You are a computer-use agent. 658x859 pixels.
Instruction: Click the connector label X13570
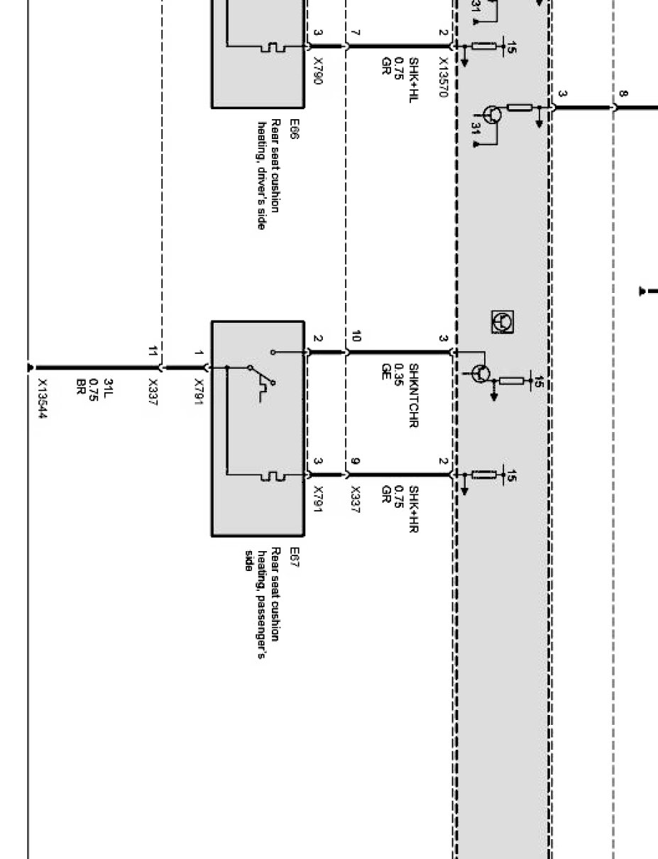(x=444, y=77)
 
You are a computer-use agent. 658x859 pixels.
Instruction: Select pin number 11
(x=153, y=351)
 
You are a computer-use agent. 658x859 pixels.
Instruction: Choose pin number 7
(x=355, y=33)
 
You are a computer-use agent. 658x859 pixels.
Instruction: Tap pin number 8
(x=623, y=94)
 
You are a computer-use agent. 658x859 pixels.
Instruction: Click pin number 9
(x=355, y=462)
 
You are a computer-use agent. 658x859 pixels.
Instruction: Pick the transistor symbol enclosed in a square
(x=503, y=321)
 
